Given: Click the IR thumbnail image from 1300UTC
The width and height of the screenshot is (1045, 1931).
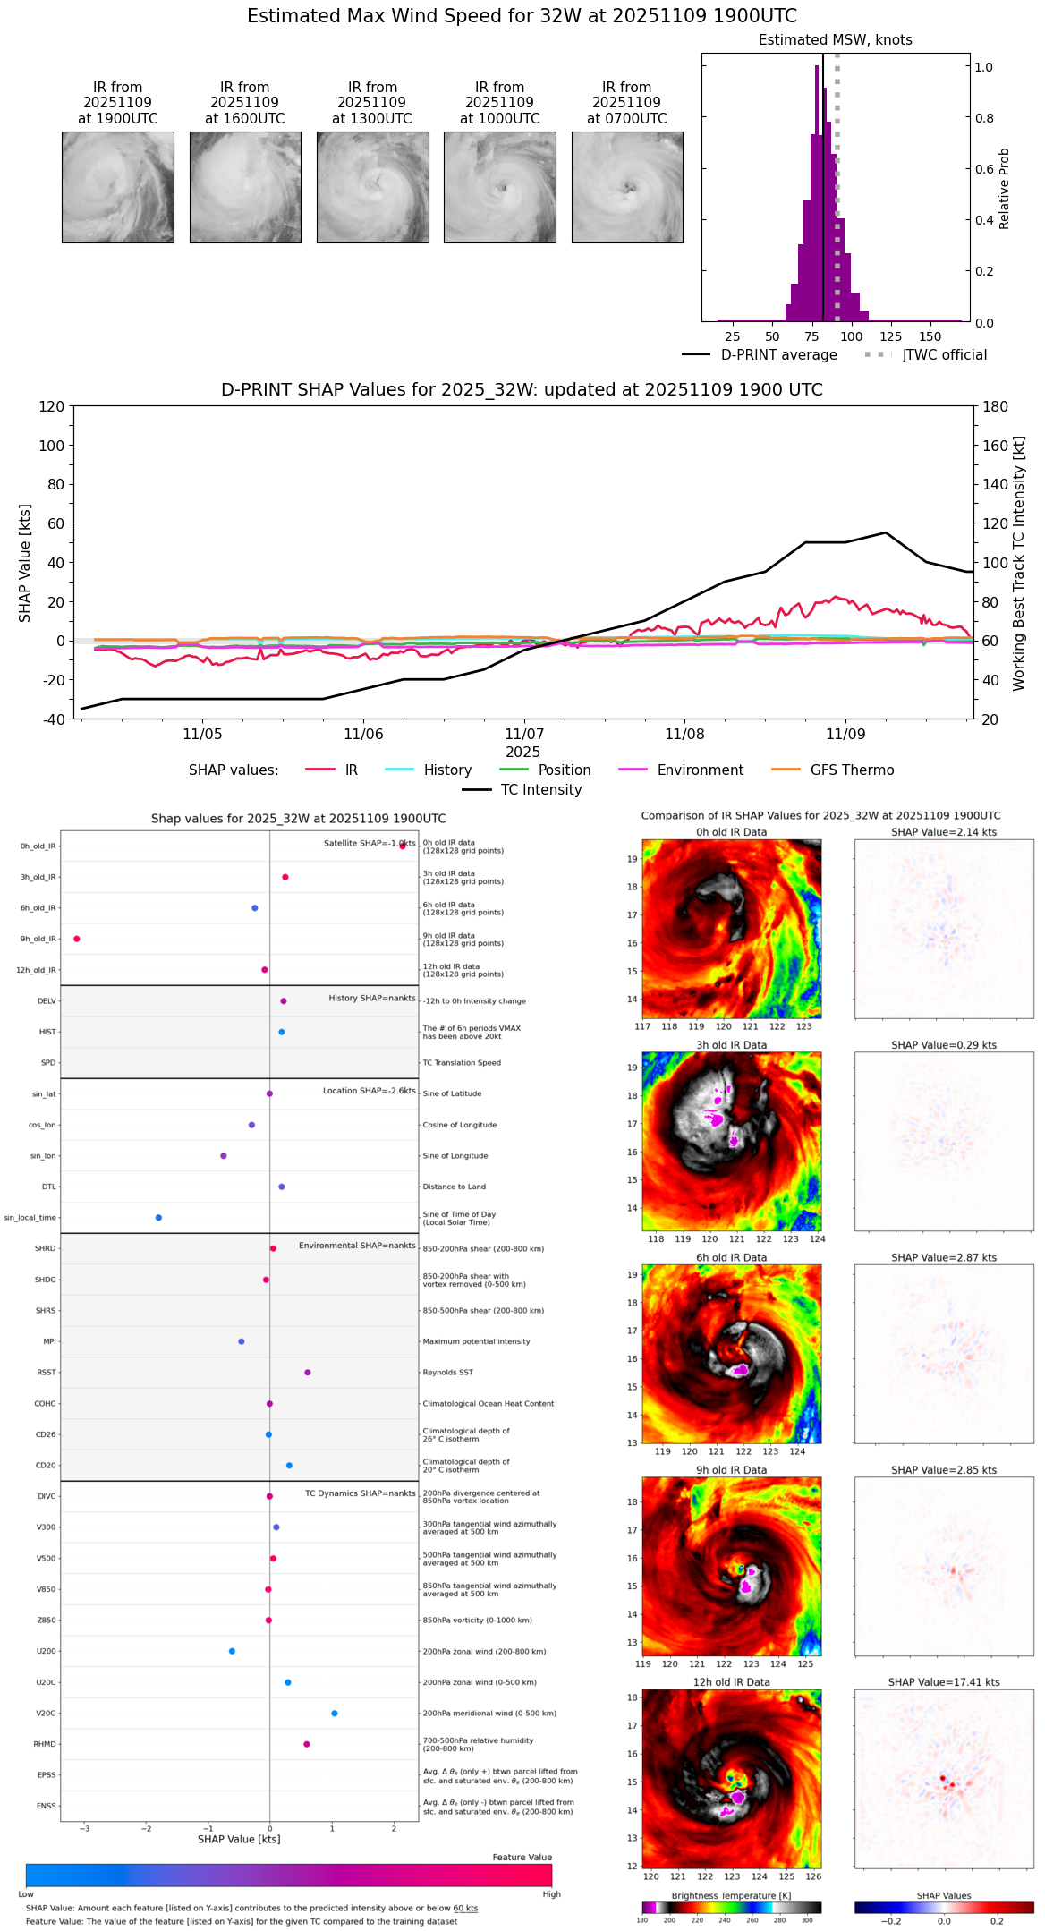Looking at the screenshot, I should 372,187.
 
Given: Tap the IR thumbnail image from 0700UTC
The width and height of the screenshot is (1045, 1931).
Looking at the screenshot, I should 627,187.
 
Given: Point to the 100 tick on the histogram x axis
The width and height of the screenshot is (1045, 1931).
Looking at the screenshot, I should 852,336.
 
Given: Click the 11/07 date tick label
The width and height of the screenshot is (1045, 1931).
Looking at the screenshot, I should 524,735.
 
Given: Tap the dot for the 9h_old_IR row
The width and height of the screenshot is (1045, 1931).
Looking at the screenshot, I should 77,939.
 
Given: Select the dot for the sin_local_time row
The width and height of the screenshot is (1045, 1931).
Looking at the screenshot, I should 158,1218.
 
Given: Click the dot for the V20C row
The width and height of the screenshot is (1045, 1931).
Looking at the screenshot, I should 335,1714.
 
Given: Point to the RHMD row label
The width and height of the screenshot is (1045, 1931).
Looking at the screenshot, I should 45,1744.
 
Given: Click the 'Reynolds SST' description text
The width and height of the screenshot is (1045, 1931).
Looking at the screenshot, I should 447,1373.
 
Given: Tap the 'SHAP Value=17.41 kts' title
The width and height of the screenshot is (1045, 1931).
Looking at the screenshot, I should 944,1682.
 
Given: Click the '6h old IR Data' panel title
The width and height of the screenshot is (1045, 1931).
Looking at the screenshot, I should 731,1257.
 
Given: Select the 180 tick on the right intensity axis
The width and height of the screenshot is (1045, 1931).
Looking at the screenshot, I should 996,406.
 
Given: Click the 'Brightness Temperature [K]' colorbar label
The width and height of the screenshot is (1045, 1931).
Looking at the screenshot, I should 731,1895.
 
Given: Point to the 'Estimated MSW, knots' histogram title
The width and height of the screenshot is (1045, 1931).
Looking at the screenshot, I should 835,40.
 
